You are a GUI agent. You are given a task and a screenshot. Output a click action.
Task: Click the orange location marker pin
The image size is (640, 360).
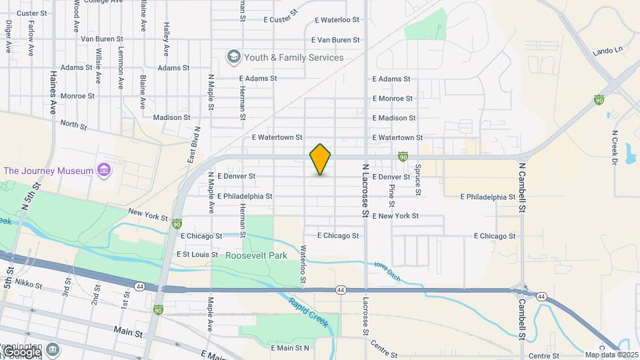click(x=320, y=159)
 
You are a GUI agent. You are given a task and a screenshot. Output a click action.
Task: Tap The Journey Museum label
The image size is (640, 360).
click(x=48, y=171)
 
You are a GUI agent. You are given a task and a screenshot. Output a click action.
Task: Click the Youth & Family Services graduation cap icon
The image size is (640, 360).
click(x=233, y=57)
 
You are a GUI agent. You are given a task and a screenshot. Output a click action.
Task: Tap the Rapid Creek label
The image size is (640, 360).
click(x=308, y=311)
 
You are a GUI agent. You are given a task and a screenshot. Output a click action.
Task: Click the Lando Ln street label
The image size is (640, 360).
click(x=607, y=51)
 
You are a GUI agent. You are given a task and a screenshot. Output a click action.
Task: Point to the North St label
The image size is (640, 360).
click(x=74, y=124)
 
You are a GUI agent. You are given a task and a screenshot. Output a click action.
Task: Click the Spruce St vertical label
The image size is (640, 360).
click(x=418, y=180)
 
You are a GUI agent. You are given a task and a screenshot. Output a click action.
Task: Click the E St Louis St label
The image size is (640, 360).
click(x=197, y=255)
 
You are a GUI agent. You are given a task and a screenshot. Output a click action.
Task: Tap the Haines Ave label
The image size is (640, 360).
click(x=54, y=94)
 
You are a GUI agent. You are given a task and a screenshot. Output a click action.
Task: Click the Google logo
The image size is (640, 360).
click(x=21, y=351)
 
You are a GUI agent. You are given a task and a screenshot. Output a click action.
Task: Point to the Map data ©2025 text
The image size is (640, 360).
click(x=611, y=355)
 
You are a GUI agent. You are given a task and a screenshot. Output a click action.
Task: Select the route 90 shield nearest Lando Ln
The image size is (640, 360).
click(x=599, y=99)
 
